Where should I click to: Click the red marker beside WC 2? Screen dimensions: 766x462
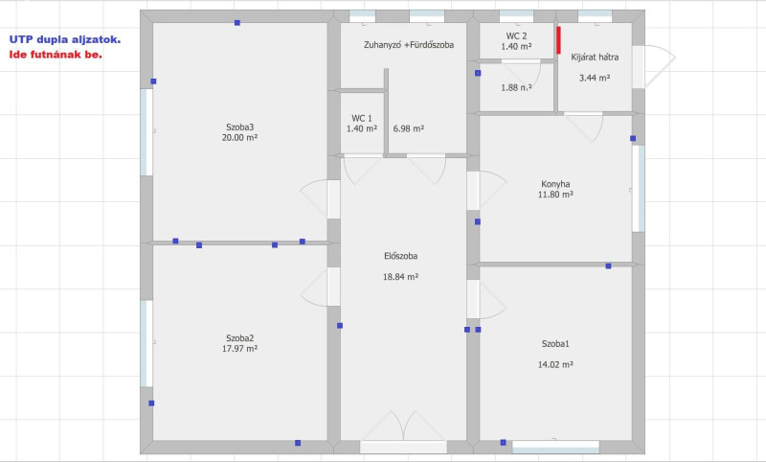pyautogui.click(x=558, y=40)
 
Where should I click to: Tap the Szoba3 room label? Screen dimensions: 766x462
pyautogui.click(x=240, y=127)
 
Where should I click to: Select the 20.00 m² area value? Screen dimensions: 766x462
pyautogui.click(x=240, y=138)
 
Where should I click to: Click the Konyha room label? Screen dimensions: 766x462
pyautogui.click(x=555, y=184)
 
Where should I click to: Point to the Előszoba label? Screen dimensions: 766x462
pyautogui.click(x=400, y=256)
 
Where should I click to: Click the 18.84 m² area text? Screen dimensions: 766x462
pyautogui.click(x=400, y=277)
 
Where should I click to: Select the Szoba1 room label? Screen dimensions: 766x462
pyautogui.click(x=555, y=344)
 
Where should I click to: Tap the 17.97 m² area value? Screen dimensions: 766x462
pyautogui.click(x=240, y=349)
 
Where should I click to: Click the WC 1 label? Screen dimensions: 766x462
pyautogui.click(x=362, y=118)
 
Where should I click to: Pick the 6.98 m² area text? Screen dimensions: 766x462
pyautogui.click(x=409, y=128)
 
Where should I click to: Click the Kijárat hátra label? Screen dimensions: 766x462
pyautogui.click(x=595, y=58)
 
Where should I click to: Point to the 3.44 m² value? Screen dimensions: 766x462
pyautogui.click(x=595, y=78)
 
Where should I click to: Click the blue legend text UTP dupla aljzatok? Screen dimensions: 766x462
pyautogui.click(x=64, y=39)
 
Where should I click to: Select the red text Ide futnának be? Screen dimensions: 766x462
pyautogui.click(x=56, y=55)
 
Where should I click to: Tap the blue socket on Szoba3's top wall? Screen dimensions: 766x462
pyautogui.click(x=237, y=22)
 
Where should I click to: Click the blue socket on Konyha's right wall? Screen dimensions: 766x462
pyautogui.click(x=633, y=138)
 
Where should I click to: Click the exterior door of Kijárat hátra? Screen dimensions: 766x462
pyautogui.click(x=654, y=66)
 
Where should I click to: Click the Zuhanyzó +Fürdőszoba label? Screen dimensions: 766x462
pyautogui.click(x=409, y=45)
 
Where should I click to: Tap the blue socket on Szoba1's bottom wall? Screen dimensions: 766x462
pyautogui.click(x=504, y=443)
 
